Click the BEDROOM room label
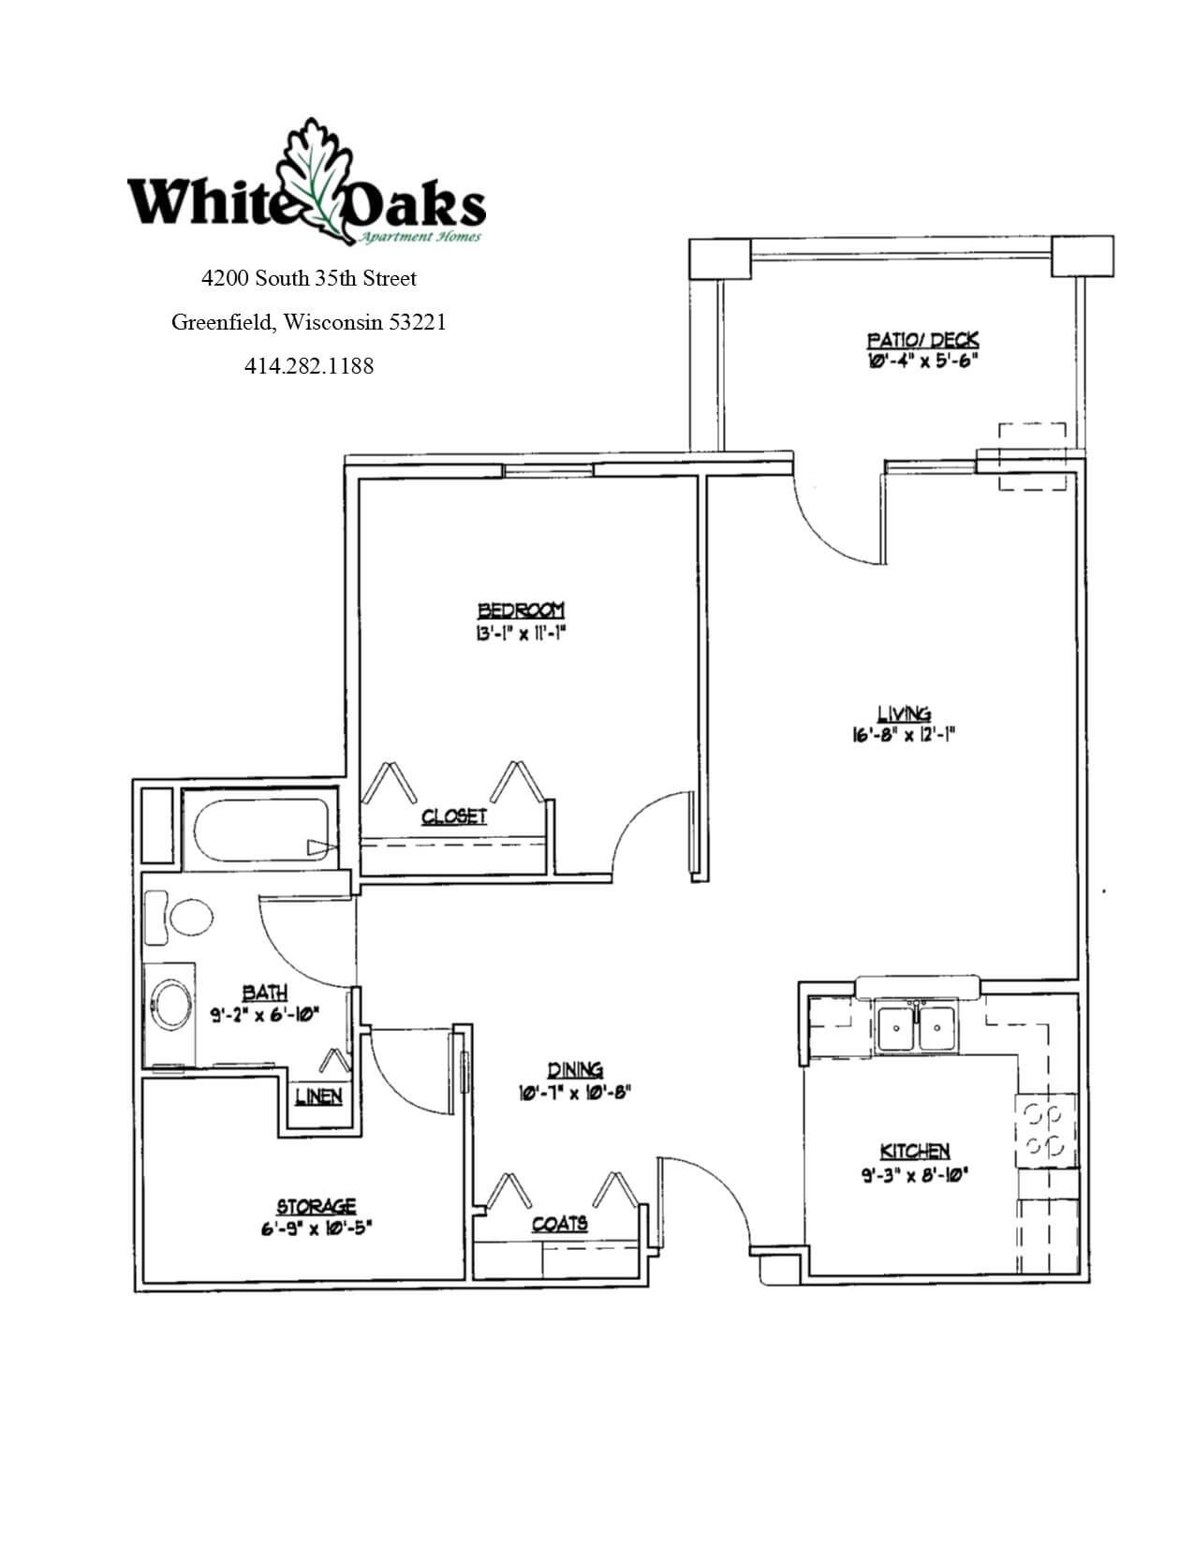(x=521, y=611)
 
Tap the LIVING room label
(x=903, y=714)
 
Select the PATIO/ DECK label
(x=922, y=340)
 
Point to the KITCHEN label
(x=915, y=1151)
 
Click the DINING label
(x=575, y=1070)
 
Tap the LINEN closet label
(x=318, y=1096)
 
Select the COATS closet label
(x=560, y=1224)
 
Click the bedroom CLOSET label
(x=454, y=817)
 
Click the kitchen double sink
(x=917, y=1027)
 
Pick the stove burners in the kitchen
(x=1043, y=1130)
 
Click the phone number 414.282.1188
(x=309, y=366)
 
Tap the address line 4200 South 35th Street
(x=309, y=278)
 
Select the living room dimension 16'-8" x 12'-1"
(x=902, y=735)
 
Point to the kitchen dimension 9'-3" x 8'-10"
(x=914, y=1172)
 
